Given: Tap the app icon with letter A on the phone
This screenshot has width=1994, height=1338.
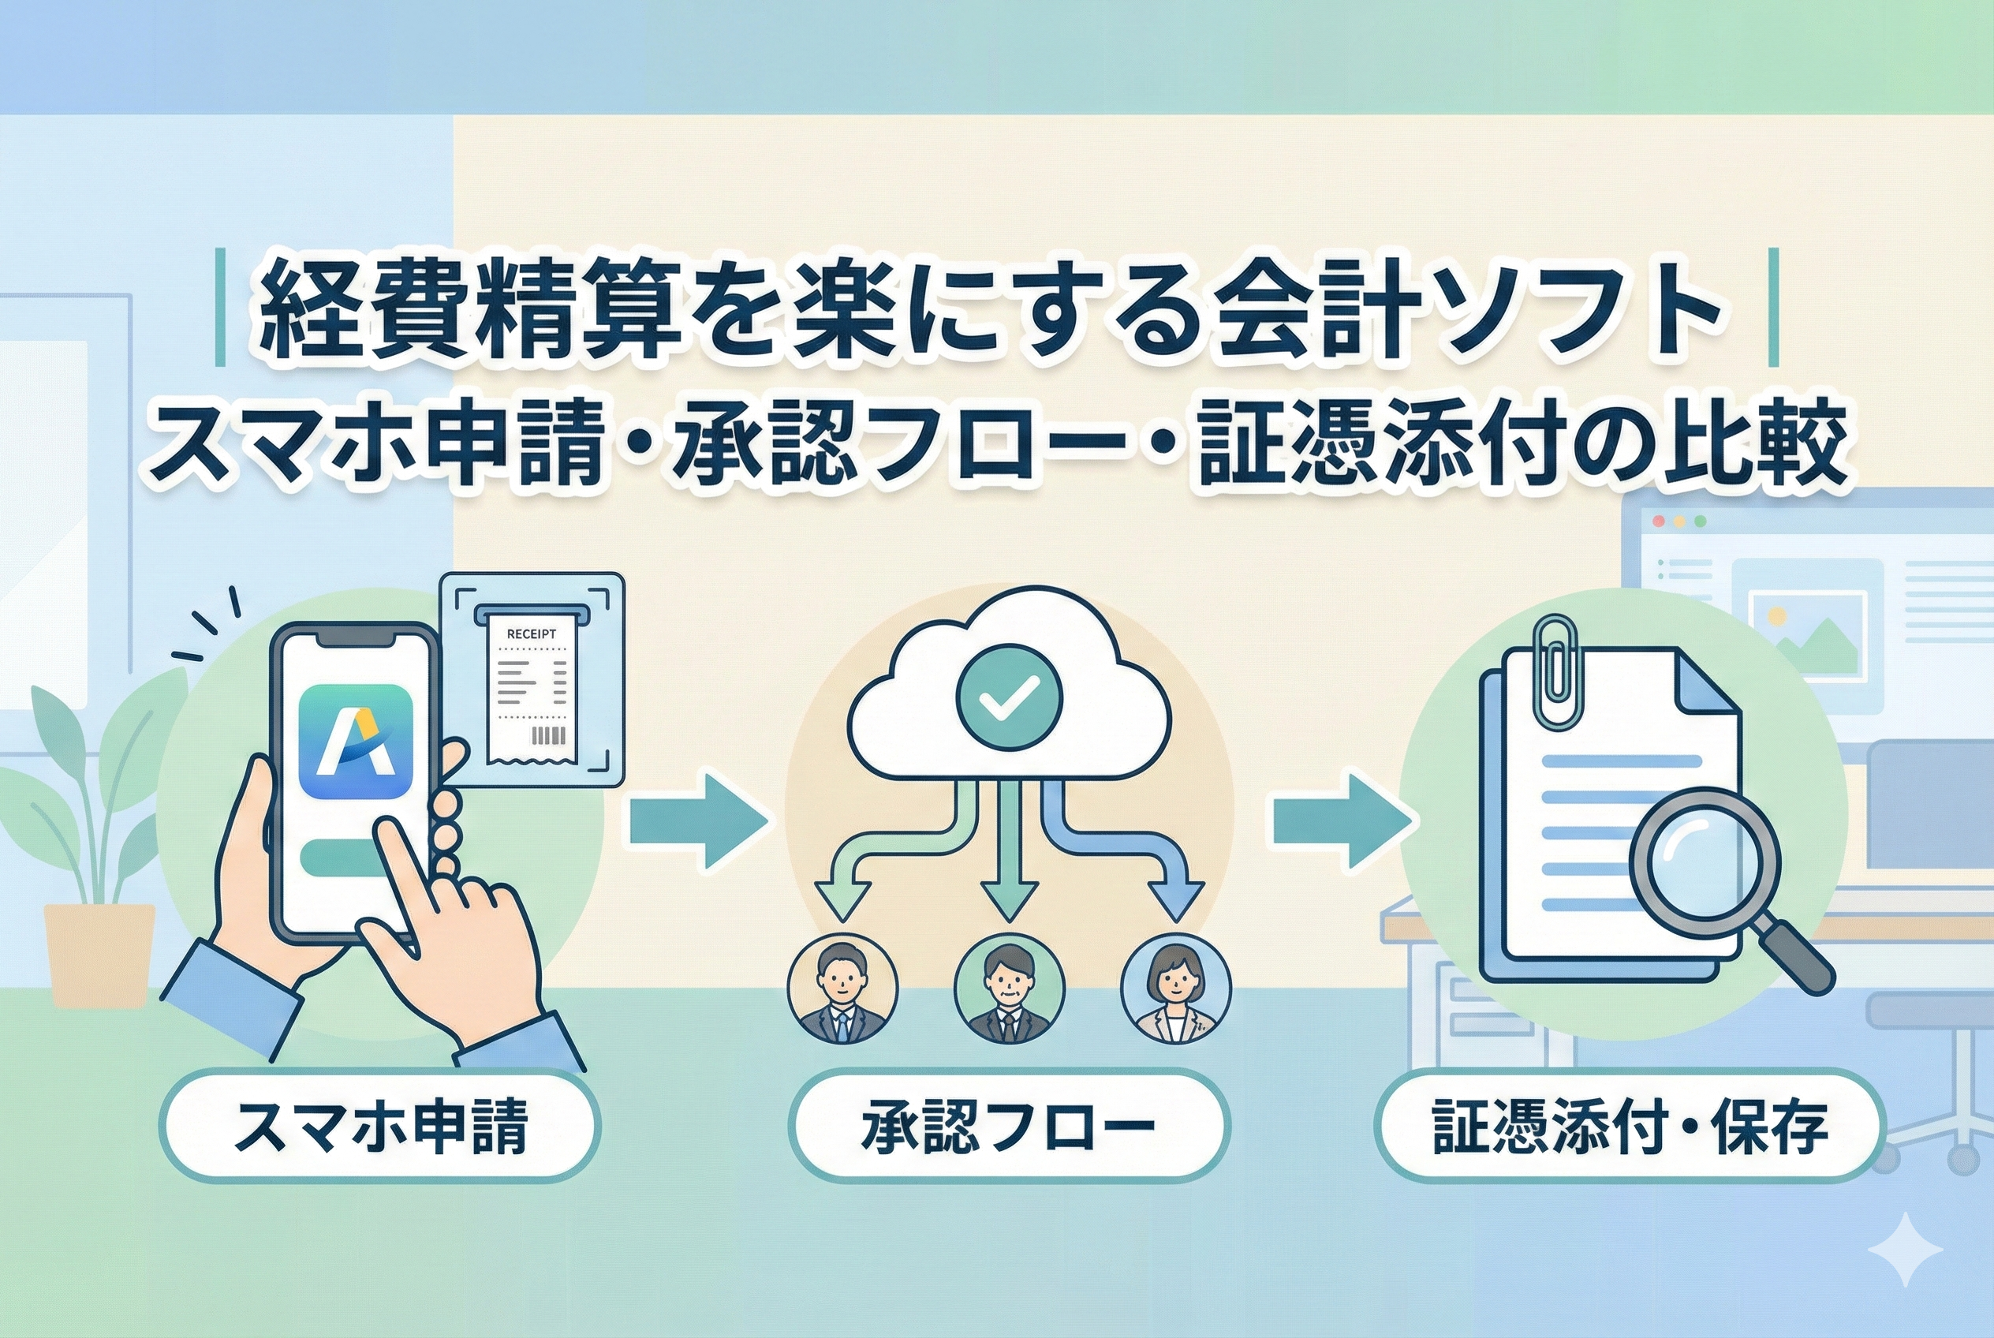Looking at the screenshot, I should pyautogui.click(x=357, y=741).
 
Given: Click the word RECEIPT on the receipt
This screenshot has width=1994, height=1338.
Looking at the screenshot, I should pyautogui.click(x=531, y=634).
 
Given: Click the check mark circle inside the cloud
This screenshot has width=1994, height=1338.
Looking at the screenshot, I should pyautogui.click(x=1010, y=697).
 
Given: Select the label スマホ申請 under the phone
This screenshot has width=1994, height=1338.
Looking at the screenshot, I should pyautogui.click(x=379, y=1128).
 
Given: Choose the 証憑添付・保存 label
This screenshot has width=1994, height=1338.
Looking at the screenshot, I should pyautogui.click(x=1630, y=1128).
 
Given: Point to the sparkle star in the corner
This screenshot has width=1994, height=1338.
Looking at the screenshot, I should pyautogui.click(x=1904, y=1250).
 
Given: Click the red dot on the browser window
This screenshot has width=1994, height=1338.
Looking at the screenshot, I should pyautogui.click(x=1659, y=521).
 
